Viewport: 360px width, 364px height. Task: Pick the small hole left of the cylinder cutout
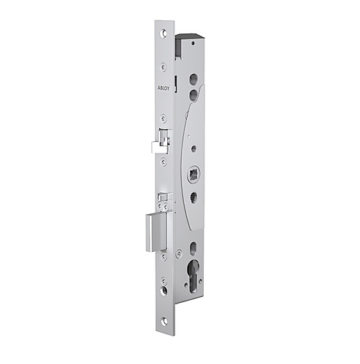179,256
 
